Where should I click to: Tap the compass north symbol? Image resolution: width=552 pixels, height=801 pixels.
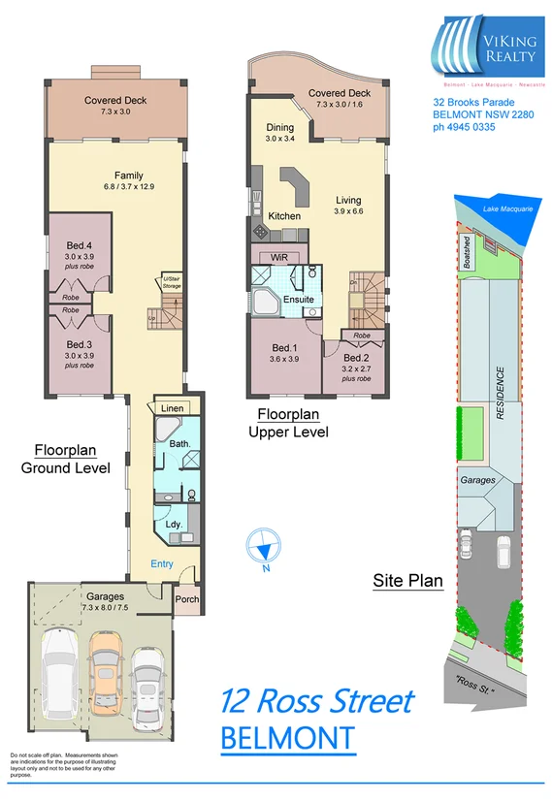click(x=264, y=548)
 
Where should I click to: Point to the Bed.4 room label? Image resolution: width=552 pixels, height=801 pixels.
click(x=80, y=231)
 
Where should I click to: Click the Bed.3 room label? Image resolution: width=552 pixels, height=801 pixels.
click(x=80, y=343)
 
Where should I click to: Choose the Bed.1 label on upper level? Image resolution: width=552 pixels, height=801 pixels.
click(x=285, y=348)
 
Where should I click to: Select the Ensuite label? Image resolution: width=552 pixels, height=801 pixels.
click(x=298, y=300)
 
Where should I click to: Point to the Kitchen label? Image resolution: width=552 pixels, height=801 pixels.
click(x=284, y=215)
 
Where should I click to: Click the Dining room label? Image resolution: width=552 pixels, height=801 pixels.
click(x=280, y=127)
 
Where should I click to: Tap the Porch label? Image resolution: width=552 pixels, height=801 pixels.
click(x=186, y=599)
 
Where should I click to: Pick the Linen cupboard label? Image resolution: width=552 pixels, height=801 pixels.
click(x=173, y=408)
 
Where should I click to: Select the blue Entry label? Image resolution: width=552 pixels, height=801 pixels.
click(x=161, y=563)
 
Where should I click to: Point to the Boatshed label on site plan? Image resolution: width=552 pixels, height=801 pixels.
click(x=468, y=251)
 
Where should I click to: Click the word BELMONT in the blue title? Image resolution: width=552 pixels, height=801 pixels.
click(x=287, y=739)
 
